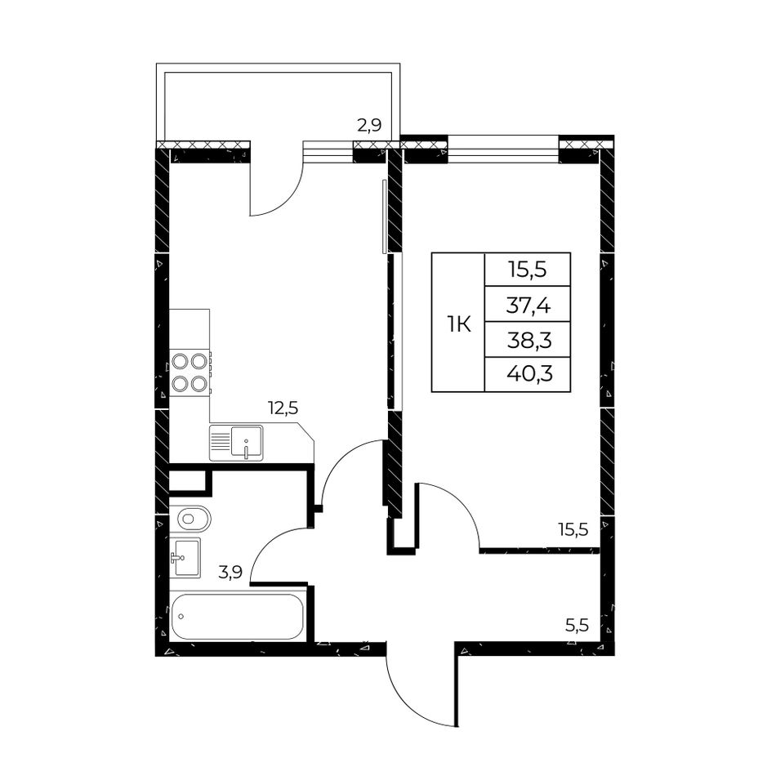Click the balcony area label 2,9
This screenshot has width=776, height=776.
pos(369,125)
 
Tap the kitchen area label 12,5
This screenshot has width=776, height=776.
pos(283,408)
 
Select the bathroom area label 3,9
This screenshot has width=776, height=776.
pos(230,573)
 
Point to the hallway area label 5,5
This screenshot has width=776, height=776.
pos(577,626)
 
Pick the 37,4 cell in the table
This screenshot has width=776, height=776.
pos(528,305)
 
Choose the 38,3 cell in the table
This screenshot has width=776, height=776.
pos(528,340)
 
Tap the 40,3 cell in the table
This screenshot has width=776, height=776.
pos(528,374)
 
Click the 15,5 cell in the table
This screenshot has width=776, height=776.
pos(528,270)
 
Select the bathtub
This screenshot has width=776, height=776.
pos(237,616)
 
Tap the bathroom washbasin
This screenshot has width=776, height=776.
pos(185,558)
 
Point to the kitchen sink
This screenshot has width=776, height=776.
pos(236,443)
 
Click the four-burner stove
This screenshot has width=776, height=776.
pos(190,372)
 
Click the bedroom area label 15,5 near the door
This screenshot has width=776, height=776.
pos(573,530)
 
